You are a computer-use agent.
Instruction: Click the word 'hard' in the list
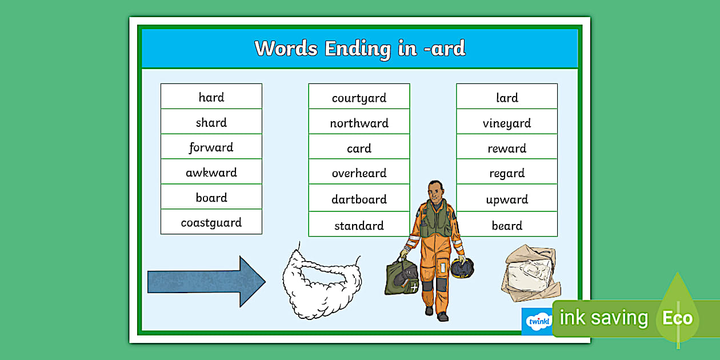click(211, 97)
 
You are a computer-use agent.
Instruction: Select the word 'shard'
click(211, 122)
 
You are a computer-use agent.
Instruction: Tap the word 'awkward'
click(211, 173)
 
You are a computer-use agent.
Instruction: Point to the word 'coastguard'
click(211, 223)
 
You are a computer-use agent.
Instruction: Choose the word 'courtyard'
click(359, 98)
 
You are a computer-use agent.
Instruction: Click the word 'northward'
click(359, 123)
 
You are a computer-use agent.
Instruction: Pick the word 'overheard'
click(359, 173)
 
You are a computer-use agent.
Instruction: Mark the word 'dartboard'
click(359, 199)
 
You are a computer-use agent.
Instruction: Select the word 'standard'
click(359, 225)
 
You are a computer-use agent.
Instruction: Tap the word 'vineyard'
click(507, 123)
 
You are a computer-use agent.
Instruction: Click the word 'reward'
click(507, 148)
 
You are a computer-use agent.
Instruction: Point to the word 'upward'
click(507, 199)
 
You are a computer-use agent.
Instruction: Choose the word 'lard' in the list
click(507, 97)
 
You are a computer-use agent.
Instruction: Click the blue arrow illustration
click(206, 282)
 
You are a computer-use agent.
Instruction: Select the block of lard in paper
click(531, 273)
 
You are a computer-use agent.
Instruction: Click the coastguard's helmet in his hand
click(462, 268)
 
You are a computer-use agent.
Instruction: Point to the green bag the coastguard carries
click(402, 277)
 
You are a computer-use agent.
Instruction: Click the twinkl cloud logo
click(538, 321)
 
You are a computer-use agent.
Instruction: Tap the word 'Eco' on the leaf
click(677, 318)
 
